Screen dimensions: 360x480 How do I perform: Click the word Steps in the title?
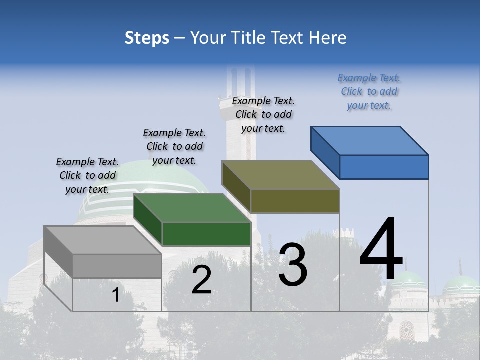147,38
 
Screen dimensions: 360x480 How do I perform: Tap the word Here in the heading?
328,38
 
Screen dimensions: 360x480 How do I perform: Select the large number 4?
381,249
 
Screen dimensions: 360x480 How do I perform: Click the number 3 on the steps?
293,264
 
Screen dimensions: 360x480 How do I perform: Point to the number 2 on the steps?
201,280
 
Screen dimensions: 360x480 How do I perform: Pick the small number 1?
115,295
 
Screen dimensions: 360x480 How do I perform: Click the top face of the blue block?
370,140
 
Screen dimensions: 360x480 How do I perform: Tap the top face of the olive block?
281,175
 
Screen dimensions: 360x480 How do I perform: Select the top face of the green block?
192,208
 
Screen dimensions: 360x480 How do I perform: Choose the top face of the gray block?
103,240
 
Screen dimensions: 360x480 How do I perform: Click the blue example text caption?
369,91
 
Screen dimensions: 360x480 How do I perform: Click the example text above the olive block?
263,114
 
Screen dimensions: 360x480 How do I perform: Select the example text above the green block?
174,146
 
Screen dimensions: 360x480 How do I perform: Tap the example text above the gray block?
87,175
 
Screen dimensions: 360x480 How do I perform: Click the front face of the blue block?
384,167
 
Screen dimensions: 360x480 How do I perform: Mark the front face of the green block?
206,234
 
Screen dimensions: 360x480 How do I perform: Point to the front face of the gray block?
117,266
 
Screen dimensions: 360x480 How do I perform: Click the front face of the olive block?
295,201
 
